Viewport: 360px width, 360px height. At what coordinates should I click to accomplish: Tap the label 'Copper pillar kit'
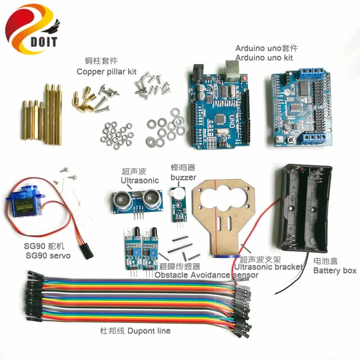106,71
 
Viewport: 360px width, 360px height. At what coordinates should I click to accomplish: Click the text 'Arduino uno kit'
264,58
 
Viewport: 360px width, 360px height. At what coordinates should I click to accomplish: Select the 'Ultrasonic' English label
139,180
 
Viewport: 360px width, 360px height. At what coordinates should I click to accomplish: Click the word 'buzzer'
183,177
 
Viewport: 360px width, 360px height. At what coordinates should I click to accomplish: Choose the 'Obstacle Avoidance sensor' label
207,274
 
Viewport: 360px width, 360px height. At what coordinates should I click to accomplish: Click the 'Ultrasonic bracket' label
268,267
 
